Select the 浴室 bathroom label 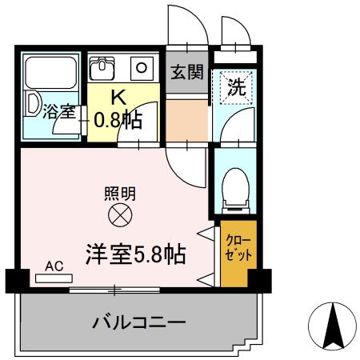click(60, 111)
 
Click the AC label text click(54, 266)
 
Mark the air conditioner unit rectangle click(54, 279)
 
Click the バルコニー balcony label click(139, 323)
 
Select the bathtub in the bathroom click(50, 80)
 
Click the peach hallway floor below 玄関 click(186, 118)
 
